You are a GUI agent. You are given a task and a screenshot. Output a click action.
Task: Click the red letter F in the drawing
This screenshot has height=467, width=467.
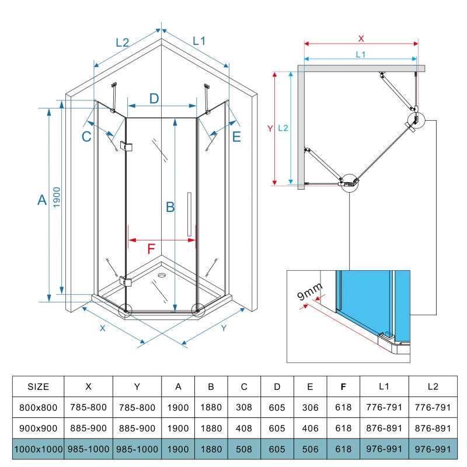[151, 249]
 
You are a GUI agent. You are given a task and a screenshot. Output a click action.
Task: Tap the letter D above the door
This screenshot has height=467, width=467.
[154, 98]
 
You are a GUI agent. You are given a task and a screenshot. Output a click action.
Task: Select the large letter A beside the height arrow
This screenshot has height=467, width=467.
[42, 200]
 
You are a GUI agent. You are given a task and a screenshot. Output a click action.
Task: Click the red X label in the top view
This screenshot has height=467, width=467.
[361, 39]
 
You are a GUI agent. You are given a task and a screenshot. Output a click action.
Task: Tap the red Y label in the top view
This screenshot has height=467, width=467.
[270, 128]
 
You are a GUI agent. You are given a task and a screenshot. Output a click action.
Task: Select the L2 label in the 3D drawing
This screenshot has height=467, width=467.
[122, 42]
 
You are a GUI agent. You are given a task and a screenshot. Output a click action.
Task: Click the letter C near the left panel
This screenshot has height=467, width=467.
[86, 137]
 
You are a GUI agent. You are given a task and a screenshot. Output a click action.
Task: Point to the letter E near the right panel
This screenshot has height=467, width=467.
[236, 137]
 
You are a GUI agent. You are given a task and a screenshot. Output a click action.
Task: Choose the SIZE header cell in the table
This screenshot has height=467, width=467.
[39, 386]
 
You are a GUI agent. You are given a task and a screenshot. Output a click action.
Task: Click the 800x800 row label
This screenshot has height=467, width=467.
[39, 407]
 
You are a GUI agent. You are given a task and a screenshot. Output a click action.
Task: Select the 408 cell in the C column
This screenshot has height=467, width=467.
[244, 428]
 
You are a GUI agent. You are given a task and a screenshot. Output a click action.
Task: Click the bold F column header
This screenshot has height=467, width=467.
[343, 386]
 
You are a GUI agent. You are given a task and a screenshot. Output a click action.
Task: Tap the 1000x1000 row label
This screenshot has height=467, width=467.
[39, 449]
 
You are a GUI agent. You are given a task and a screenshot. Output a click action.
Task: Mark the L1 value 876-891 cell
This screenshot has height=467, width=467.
[384, 428]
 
